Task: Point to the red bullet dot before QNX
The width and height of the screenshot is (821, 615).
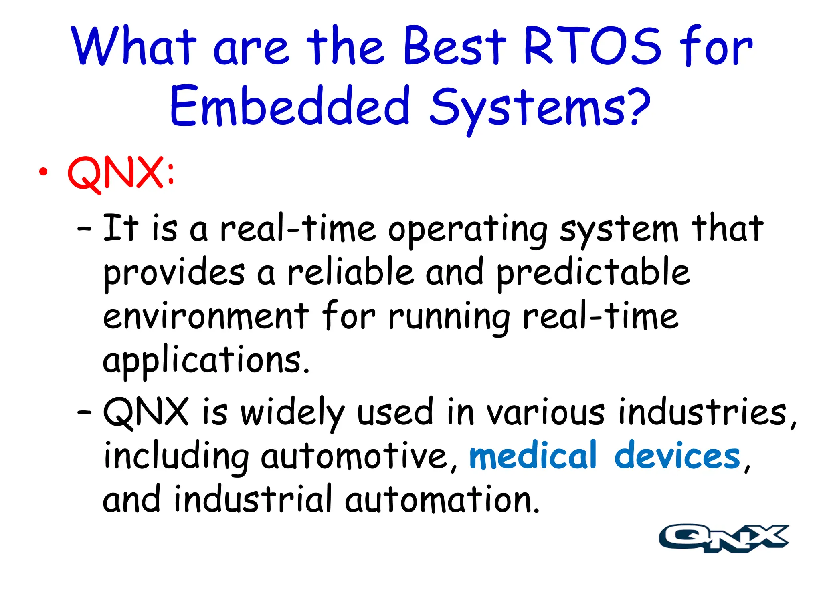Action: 43,172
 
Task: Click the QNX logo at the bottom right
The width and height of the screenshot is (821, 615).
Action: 724,539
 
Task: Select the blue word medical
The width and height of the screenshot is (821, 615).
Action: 533,456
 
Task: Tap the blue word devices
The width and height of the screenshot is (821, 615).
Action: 677,456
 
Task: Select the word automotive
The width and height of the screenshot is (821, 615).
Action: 355,456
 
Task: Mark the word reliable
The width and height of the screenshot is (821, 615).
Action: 351,272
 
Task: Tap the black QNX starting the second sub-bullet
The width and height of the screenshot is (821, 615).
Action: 146,412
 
